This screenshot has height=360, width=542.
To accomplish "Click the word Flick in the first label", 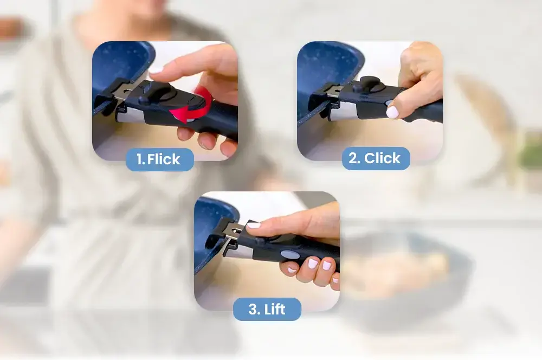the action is [x=164, y=159].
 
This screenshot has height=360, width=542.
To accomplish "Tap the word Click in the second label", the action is [x=382, y=158].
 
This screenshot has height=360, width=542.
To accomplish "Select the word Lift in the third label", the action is [x=275, y=309].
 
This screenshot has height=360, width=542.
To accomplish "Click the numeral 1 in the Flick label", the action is [x=140, y=159].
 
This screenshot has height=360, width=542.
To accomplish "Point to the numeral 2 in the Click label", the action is [x=354, y=158].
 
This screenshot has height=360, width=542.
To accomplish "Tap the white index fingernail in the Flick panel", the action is [x=155, y=70].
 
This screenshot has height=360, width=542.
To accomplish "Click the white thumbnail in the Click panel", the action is [x=392, y=112].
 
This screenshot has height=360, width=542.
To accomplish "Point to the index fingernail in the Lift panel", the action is [x=253, y=225].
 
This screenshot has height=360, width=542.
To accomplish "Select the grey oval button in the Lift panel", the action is [x=289, y=254].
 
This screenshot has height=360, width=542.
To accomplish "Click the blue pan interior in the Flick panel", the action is [x=119, y=66].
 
